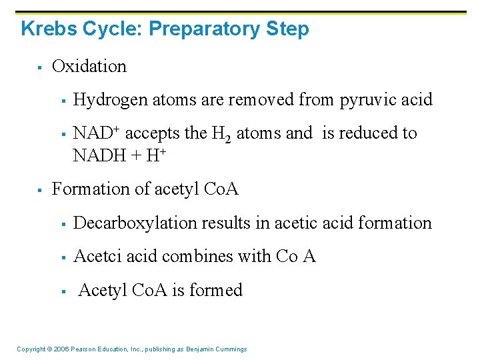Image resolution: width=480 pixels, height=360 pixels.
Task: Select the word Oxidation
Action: (89, 67)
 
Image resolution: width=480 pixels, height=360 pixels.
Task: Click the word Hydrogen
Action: (111, 100)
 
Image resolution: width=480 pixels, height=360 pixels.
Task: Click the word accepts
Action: (153, 133)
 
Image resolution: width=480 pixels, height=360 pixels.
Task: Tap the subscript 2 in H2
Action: (227, 138)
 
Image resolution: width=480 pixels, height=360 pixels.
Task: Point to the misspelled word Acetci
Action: (95, 256)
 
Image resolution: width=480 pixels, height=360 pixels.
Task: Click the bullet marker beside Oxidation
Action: (41, 67)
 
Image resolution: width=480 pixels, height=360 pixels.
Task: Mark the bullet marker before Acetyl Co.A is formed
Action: (62, 291)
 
